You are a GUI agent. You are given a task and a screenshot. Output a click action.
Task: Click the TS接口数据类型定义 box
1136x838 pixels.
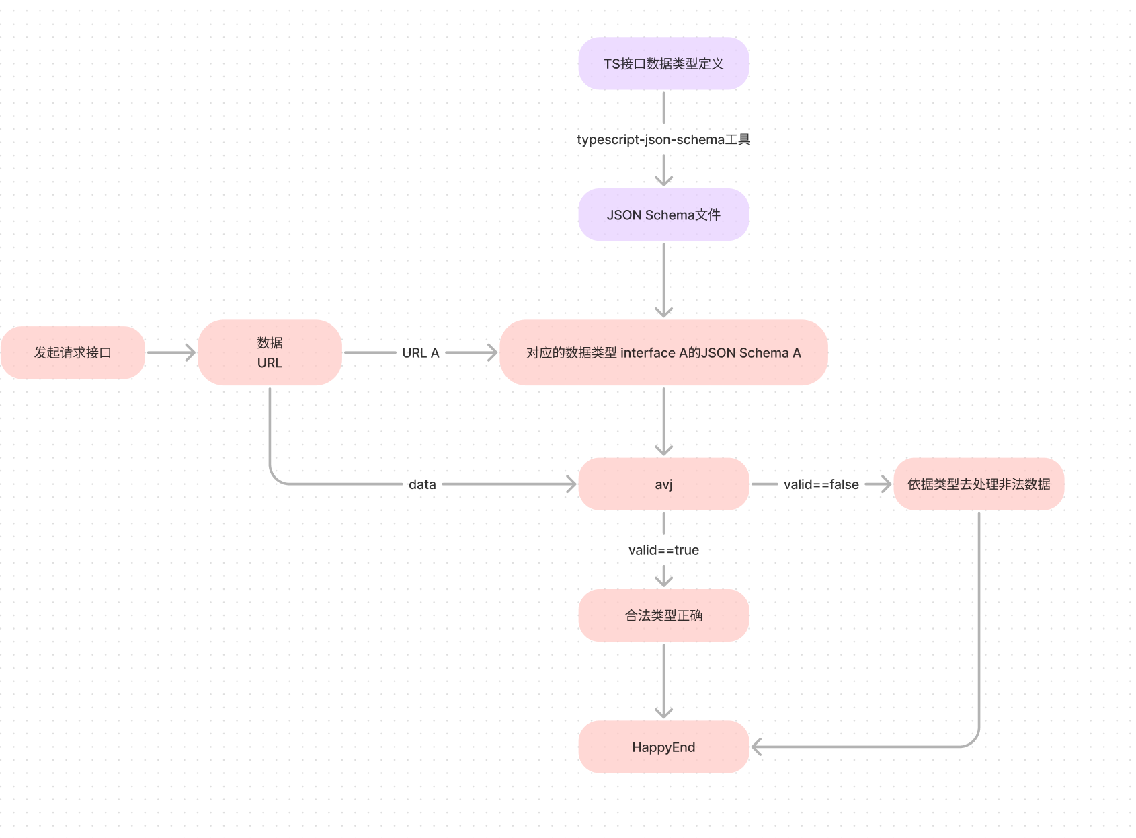pyautogui.click(x=663, y=64)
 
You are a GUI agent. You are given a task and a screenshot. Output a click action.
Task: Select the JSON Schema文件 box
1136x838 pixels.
pyautogui.click(x=663, y=215)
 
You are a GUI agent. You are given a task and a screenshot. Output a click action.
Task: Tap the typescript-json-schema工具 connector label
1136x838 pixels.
pyautogui.click(x=663, y=139)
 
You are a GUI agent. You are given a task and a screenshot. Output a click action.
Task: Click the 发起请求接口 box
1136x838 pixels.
pyautogui.click(x=73, y=352)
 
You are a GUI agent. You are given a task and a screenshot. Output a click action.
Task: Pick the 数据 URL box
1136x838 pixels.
pyautogui.click(x=270, y=352)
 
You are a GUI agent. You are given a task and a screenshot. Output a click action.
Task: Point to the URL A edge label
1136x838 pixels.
pyautogui.click(x=420, y=352)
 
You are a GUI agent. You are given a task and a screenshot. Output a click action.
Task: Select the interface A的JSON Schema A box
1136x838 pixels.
pyautogui.click(x=663, y=352)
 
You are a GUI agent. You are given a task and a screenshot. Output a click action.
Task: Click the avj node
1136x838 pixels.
pyautogui.click(x=663, y=484)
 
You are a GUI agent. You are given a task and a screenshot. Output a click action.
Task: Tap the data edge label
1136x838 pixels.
pyautogui.click(x=422, y=484)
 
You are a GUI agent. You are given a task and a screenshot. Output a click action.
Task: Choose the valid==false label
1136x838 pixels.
pyautogui.click(x=821, y=484)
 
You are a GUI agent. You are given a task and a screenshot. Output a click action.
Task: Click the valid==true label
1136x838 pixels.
pyautogui.click(x=663, y=550)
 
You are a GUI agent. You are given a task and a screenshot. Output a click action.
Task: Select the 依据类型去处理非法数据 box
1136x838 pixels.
pyautogui.click(x=979, y=484)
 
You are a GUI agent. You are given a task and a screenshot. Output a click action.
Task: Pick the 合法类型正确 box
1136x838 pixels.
pyautogui.click(x=663, y=615)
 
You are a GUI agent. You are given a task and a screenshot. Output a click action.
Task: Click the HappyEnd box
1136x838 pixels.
pyautogui.click(x=663, y=747)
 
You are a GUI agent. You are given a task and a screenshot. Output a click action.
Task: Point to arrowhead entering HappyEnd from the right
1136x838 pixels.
pyautogui.click(x=756, y=747)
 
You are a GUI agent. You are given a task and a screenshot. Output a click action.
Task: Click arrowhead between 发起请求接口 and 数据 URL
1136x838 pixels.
pyautogui.click(x=191, y=352)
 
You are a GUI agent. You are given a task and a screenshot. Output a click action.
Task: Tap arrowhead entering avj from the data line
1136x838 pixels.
pyautogui.click(x=572, y=484)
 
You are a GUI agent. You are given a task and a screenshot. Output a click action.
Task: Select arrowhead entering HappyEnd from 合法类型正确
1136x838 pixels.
pyautogui.click(x=663, y=714)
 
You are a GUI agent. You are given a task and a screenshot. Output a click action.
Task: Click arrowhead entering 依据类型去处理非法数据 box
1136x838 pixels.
pyautogui.click(x=887, y=484)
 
